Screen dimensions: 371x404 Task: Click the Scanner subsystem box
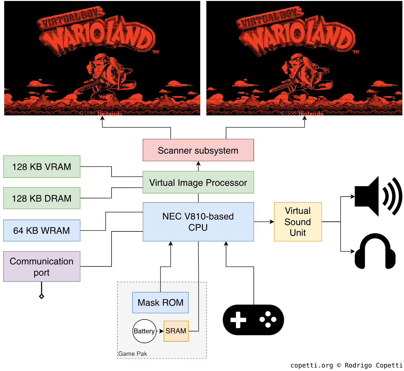[198, 150]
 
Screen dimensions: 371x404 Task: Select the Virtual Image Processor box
[198, 182]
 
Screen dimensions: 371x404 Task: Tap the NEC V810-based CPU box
[198, 222]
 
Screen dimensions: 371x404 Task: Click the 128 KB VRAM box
[42, 167]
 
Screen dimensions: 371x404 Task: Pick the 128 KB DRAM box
[42, 198]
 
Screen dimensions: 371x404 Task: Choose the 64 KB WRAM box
[42, 230]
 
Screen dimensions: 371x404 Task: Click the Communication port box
[42, 267]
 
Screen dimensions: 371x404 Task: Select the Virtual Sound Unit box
[298, 222]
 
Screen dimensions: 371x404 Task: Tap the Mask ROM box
[160, 303]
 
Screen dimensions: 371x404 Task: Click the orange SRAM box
[176, 331]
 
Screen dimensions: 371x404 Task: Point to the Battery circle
[144, 331]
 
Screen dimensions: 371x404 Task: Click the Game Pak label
[133, 354]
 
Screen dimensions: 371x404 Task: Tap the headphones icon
[375, 251]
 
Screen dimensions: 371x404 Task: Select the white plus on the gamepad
[238, 320]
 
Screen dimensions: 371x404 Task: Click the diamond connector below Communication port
[42, 296]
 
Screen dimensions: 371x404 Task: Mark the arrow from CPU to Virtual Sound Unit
[264, 222]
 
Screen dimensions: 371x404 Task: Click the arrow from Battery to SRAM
[160, 331]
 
